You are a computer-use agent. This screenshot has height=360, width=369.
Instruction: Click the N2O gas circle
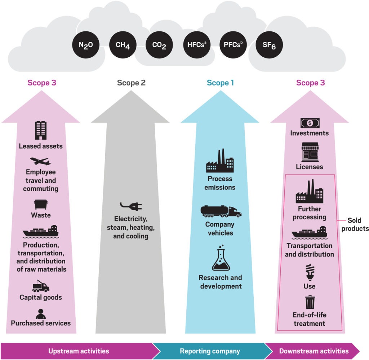point(85,46)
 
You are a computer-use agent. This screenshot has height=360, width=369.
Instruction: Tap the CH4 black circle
point(122,46)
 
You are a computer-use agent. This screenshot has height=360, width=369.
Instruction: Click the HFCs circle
point(196,46)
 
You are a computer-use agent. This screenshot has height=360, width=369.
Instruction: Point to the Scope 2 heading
point(131,83)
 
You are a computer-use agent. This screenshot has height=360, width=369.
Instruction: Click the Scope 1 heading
point(221,83)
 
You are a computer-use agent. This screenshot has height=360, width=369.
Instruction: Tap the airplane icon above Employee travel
point(40,161)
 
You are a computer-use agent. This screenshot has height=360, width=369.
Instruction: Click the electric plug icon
point(131,206)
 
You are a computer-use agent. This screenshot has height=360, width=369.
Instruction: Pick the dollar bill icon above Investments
point(310,123)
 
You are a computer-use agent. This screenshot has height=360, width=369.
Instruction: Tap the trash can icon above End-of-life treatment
point(310,302)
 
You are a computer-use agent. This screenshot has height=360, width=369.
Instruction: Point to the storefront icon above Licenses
point(310,152)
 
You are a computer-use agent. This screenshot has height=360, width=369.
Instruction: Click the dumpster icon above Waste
point(41,204)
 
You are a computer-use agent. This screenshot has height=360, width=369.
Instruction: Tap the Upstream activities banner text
point(79,351)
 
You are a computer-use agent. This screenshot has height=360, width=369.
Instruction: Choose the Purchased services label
point(41,323)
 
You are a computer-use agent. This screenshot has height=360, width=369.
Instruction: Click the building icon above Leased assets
point(40,130)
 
